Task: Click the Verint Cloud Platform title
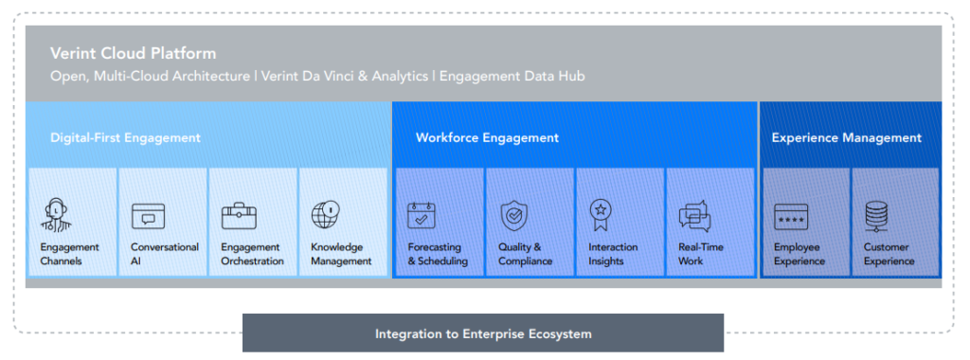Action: pyautogui.click(x=133, y=54)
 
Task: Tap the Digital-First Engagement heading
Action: pyautogui.click(x=125, y=137)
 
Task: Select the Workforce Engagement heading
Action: pyautogui.click(x=487, y=137)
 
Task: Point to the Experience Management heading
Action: pyautogui.click(x=846, y=137)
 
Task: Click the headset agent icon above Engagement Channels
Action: pyautogui.click(x=57, y=215)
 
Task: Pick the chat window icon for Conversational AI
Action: pyautogui.click(x=148, y=216)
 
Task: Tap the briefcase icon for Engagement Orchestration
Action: pyautogui.click(x=239, y=216)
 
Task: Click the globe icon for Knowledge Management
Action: pyautogui.click(x=326, y=215)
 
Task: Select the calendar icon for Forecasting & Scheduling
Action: pyautogui.click(x=422, y=215)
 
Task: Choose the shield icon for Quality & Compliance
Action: pyautogui.click(x=513, y=215)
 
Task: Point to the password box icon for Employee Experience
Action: pyautogui.click(x=791, y=217)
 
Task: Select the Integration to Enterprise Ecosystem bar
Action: pyautogui.click(x=483, y=333)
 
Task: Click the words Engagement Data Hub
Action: pyautogui.click(x=519, y=75)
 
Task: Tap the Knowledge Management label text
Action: pyautogui.click(x=341, y=254)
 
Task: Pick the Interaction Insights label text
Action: pyautogui.click(x=613, y=254)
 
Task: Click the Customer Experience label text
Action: pyautogui.click(x=889, y=254)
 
